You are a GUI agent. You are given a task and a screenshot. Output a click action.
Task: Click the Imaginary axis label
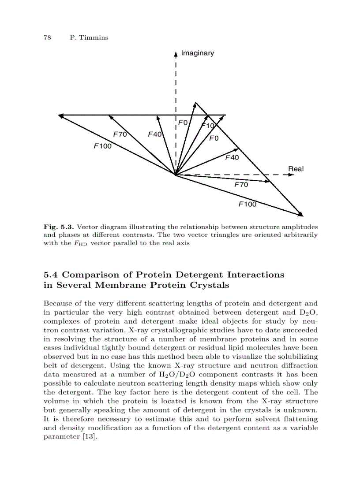(x=198, y=53)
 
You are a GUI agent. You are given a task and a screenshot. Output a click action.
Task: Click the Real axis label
(x=296, y=169)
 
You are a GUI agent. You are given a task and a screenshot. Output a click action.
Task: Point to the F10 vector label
(x=208, y=126)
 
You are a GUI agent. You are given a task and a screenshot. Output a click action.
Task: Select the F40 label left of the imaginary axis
(x=155, y=134)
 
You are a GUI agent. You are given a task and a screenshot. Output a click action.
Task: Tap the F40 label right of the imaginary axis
(x=232, y=157)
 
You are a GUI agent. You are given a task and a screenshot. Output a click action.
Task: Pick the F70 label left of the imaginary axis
(x=120, y=134)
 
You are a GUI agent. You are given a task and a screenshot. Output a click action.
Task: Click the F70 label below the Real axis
(x=241, y=185)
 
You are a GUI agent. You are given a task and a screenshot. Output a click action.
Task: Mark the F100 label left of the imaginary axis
(x=103, y=146)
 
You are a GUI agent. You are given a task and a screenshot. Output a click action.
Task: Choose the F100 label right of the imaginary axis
(x=247, y=204)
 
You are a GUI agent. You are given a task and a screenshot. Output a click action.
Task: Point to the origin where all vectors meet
(x=176, y=175)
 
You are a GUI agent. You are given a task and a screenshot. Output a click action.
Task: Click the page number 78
(x=47, y=37)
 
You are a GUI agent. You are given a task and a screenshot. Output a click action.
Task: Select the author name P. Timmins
(x=89, y=37)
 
